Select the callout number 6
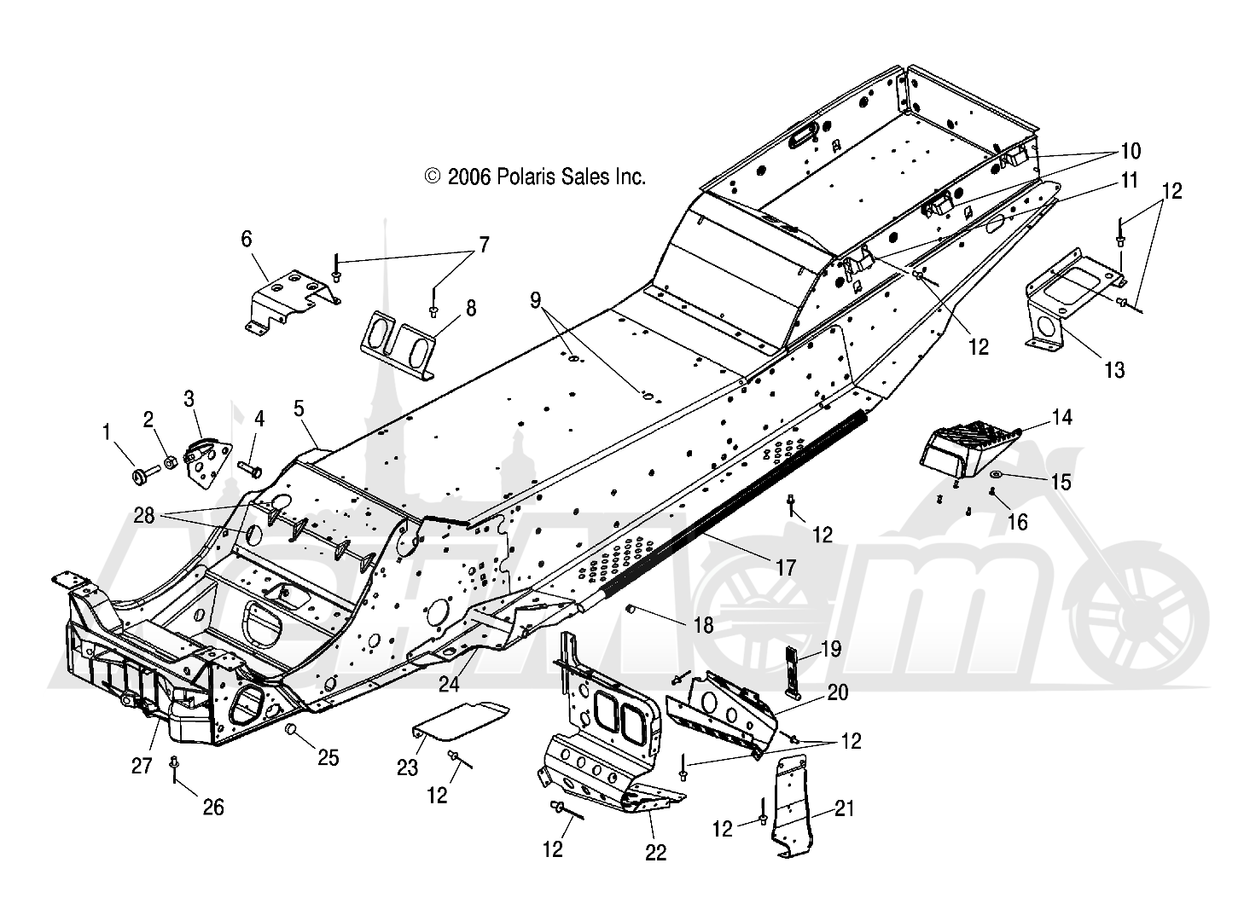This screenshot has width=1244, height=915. point(246,239)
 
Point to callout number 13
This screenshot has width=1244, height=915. point(1114,369)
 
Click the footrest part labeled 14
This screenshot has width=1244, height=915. point(971,453)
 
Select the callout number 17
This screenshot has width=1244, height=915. point(786,567)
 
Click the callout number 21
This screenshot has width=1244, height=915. point(844,808)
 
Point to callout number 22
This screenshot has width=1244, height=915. point(656,853)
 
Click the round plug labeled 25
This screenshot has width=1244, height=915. point(290,729)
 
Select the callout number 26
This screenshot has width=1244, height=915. point(213,808)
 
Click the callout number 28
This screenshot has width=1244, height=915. point(144,516)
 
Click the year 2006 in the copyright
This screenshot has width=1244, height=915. point(469,177)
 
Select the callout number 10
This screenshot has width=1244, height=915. point(1131,151)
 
